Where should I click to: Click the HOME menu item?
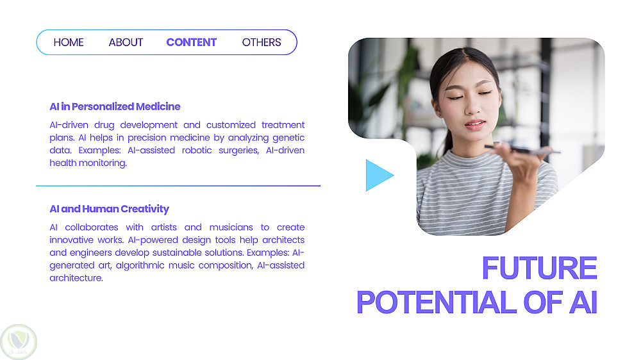69,42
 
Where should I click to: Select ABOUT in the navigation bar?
126,42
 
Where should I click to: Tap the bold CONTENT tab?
191,42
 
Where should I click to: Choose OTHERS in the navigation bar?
262,42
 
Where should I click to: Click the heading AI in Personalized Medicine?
115,106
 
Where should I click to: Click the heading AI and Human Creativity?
109,209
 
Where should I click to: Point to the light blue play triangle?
379,176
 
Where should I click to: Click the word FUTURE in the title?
540,268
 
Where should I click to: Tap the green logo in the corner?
19,341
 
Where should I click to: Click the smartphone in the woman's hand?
522,149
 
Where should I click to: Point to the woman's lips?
474,124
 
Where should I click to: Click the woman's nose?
472,107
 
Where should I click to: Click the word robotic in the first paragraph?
197,151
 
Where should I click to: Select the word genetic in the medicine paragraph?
288,138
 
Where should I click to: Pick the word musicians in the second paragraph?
231,227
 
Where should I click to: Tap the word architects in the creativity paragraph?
283,240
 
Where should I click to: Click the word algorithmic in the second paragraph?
140,266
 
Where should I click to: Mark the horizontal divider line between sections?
178,186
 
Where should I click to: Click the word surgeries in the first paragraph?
238,151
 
